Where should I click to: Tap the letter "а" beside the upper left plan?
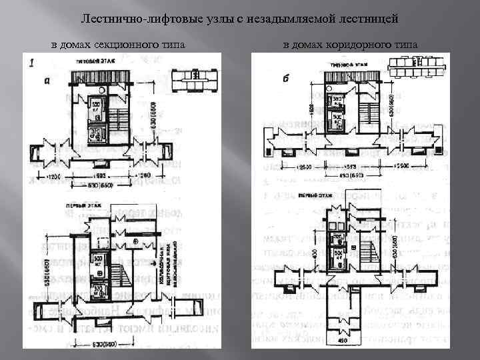tap(45, 81)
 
